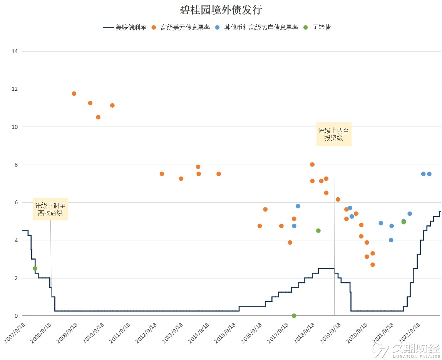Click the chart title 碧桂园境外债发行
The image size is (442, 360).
pyautogui.click(x=221, y=10)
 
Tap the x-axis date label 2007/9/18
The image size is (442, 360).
pyautogui.click(x=15, y=333)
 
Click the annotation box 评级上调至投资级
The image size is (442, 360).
pyautogui.click(x=334, y=134)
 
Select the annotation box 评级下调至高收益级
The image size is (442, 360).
pyautogui.click(x=50, y=209)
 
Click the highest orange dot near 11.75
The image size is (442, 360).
pyautogui.click(x=74, y=93)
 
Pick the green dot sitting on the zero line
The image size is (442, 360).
pyautogui.click(x=294, y=316)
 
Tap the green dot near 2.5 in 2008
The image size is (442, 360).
pyautogui.click(x=35, y=268)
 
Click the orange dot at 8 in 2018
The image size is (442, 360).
pyautogui.click(x=312, y=165)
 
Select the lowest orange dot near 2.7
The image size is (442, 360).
pyautogui.click(x=373, y=265)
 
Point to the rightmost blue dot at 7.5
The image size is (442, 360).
pyautogui.click(x=429, y=174)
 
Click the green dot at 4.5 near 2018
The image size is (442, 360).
pyautogui.click(x=318, y=231)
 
